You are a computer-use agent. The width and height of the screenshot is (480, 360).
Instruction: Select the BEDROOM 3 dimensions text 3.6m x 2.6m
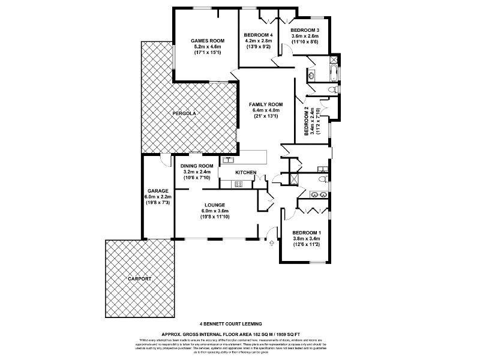pos(305,36)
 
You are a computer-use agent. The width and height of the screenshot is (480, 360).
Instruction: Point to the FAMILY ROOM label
pos(266,104)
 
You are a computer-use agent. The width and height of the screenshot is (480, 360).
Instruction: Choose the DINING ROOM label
pos(197,166)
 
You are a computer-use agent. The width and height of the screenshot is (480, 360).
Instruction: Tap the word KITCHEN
pos(245,173)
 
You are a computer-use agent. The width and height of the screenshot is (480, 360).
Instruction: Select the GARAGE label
pos(158,191)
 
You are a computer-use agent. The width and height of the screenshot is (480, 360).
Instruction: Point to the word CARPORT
pos(139,279)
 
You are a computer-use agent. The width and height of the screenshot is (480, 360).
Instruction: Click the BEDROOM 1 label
pos(306,233)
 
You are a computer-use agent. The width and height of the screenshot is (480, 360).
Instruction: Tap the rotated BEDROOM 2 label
pos(306,121)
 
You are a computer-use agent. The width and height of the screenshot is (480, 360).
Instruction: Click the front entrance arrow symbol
pos(272,242)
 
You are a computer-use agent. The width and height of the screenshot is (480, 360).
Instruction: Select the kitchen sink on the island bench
pos(228,160)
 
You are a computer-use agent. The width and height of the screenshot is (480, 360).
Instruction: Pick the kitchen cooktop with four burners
pos(238,184)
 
